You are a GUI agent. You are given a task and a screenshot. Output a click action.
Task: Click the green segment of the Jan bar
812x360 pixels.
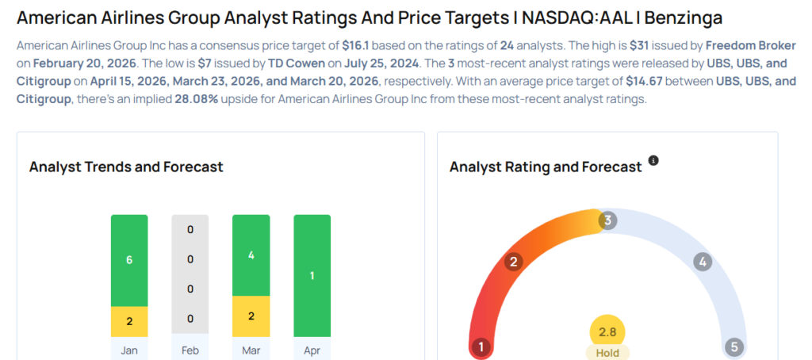(129, 260)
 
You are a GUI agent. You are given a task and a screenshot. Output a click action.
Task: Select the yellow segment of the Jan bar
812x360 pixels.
(129, 321)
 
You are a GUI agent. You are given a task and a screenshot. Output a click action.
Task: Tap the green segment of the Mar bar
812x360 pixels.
(251, 255)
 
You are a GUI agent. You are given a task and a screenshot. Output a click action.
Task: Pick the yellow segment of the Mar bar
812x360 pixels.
(251, 316)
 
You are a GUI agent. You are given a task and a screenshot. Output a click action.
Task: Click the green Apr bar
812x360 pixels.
(312, 275)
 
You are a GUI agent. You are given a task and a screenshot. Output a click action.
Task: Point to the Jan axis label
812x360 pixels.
(129, 350)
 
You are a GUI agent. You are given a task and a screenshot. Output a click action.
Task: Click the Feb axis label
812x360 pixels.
(190, 350)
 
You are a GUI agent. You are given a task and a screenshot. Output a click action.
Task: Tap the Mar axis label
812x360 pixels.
(251, 350)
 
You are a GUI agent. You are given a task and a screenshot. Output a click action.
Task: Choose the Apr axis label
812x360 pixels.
(312, 350)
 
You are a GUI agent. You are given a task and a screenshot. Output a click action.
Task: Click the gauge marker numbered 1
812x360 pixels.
(480, 347)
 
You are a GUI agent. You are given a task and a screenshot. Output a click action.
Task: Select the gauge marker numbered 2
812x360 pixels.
(514, 262)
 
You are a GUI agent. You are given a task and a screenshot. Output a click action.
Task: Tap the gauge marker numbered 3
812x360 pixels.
(607, 220)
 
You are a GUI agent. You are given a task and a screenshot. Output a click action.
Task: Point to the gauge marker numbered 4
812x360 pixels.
(701, 262)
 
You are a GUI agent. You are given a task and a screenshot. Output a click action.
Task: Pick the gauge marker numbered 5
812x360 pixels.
(734, 347)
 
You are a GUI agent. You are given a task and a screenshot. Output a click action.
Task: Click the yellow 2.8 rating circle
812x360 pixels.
(607, 331)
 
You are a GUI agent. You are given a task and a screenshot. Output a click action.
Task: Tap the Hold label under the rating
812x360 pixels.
(607, 353)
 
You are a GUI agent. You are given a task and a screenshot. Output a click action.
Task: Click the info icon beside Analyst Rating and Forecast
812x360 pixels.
(653, 160)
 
